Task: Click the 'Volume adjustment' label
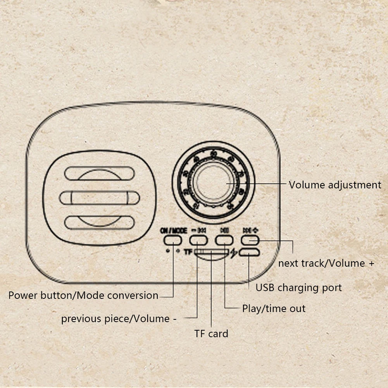[x=335, y=185]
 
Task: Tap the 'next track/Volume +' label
[x=326, y=264]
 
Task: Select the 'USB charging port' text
[x=298, y=288]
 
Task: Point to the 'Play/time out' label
[x=274, y=309]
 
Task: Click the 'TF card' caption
[x=211, y=333]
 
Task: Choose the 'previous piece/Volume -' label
[x=119, y=319]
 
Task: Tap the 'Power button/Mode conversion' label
[x=83, y=295]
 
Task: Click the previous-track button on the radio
[x=198, y=240]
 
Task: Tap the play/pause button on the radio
[x=224, y=240]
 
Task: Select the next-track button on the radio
[x=250, y=240]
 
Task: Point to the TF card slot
[x=211, y=253]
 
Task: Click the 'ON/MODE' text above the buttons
[x=173, y=230]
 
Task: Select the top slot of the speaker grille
[x=99, y=173]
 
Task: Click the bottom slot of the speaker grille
[x=99, y=222]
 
